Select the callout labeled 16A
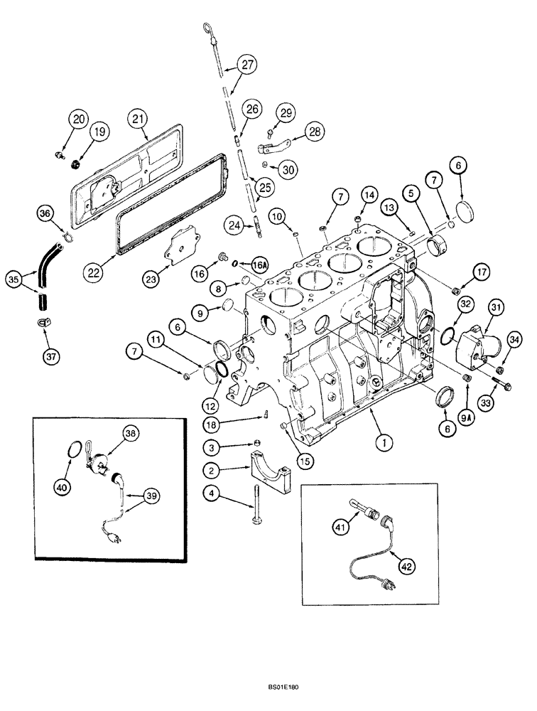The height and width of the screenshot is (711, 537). [x=259, y=264]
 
